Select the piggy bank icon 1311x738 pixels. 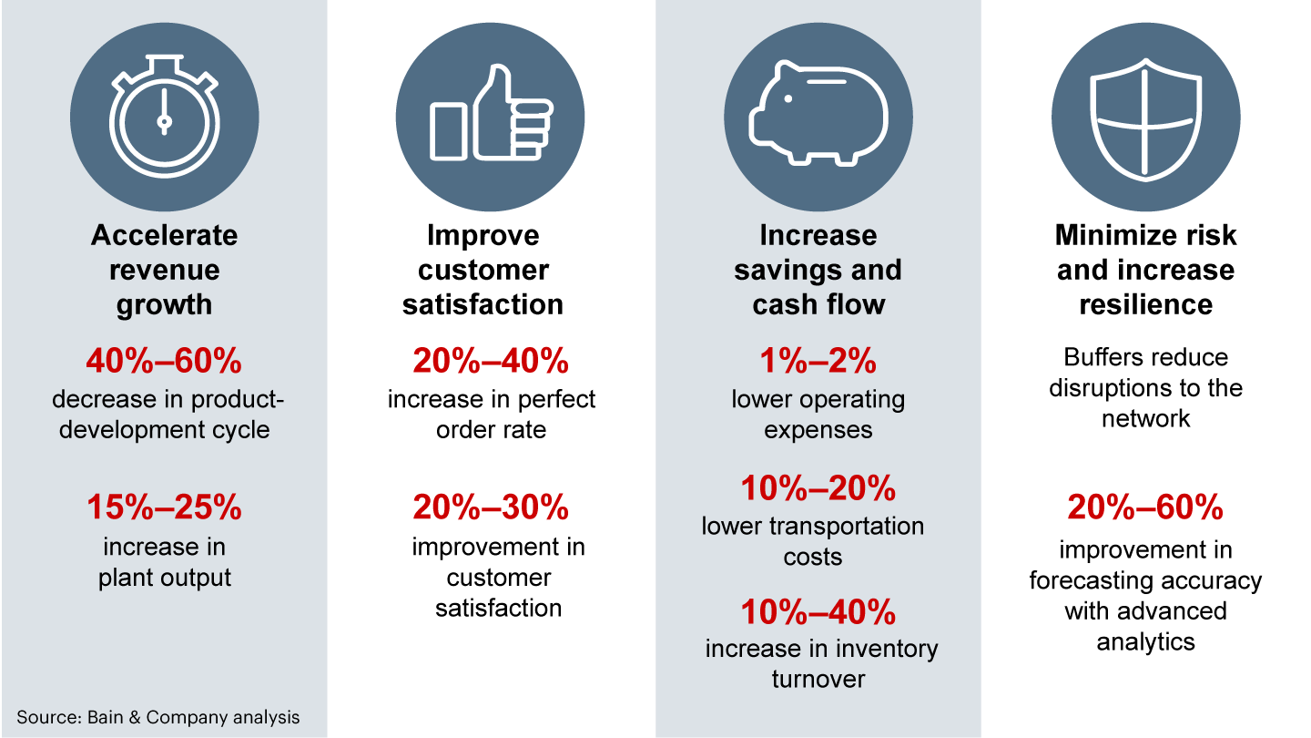click(x=818, y=114)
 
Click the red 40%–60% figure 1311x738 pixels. click(x=164, y=360)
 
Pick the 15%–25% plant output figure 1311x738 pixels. click(x=164, y=507)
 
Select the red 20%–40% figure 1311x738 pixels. click(x=491, y=360)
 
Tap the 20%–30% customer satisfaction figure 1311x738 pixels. click(x=491, y=507)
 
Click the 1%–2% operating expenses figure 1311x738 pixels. click(x=818, y=360)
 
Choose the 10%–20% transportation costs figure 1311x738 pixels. click(x=818, y=488)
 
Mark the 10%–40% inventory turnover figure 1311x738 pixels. click(x=818, y=612)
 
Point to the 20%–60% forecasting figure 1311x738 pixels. click(x=1145, y=507)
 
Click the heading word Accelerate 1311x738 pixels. click(x=165, y=235)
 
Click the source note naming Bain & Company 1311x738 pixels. click(x=158, y=717)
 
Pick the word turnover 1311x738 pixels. click(x=818, y=680)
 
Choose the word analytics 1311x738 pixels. click(x=1145, y=642)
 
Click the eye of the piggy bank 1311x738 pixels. click(x=788, y=99)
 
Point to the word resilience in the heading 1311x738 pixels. click(x=1145, y=304)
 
